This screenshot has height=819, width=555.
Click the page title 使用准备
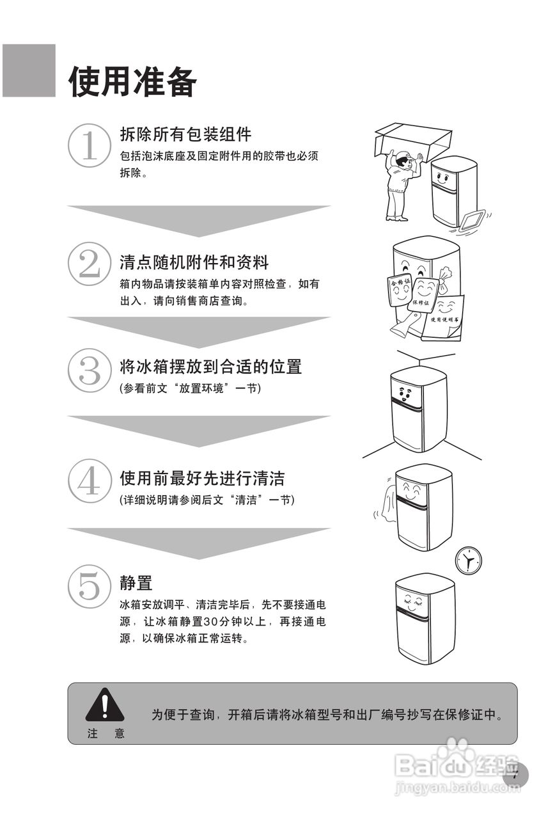(x=133, y=82)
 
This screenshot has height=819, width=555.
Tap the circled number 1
(x=89, y=146)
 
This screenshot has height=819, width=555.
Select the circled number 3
(x=89, y=370)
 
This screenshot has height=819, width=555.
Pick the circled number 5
(x=89, y=586)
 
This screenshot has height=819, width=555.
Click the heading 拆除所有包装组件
(x=185, y=134)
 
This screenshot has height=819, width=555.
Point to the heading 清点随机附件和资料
(x=194, y=262)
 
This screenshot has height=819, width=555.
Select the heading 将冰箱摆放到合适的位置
(x=210, y=367)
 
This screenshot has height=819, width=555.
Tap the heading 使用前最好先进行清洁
(x=202, y=478)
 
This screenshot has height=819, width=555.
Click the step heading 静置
(x=136, y=583)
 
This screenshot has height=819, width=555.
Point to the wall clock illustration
(x=468, y=561)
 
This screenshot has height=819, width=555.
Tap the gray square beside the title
(x=29, y=70)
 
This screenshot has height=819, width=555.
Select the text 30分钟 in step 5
(x=221, y=621)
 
